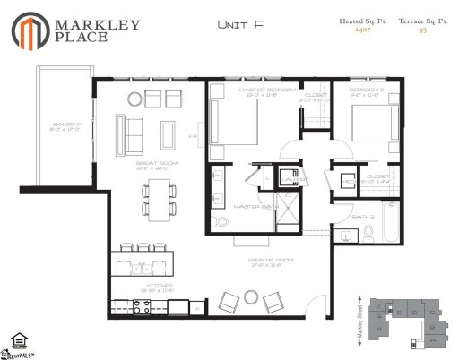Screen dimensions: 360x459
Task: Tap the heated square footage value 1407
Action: point(361,30)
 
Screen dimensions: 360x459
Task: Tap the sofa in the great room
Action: point(133,134)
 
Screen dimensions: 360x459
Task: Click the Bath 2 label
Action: point(362,217)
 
